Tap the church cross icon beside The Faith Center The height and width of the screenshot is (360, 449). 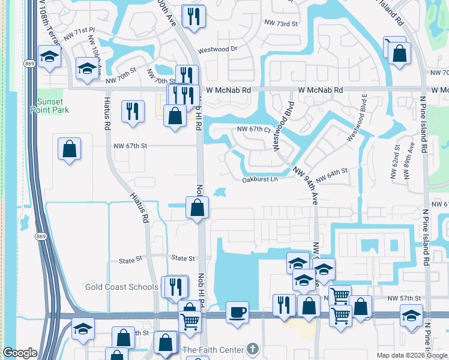(253, 349)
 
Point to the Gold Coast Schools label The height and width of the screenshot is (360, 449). (122, 287)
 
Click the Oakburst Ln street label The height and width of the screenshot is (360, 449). (260, 179)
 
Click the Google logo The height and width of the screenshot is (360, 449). (20, 353)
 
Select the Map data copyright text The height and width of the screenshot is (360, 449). (411, 355)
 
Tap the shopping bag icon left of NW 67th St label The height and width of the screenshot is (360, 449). (70, 148)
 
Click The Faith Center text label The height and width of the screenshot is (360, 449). (213, 350)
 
